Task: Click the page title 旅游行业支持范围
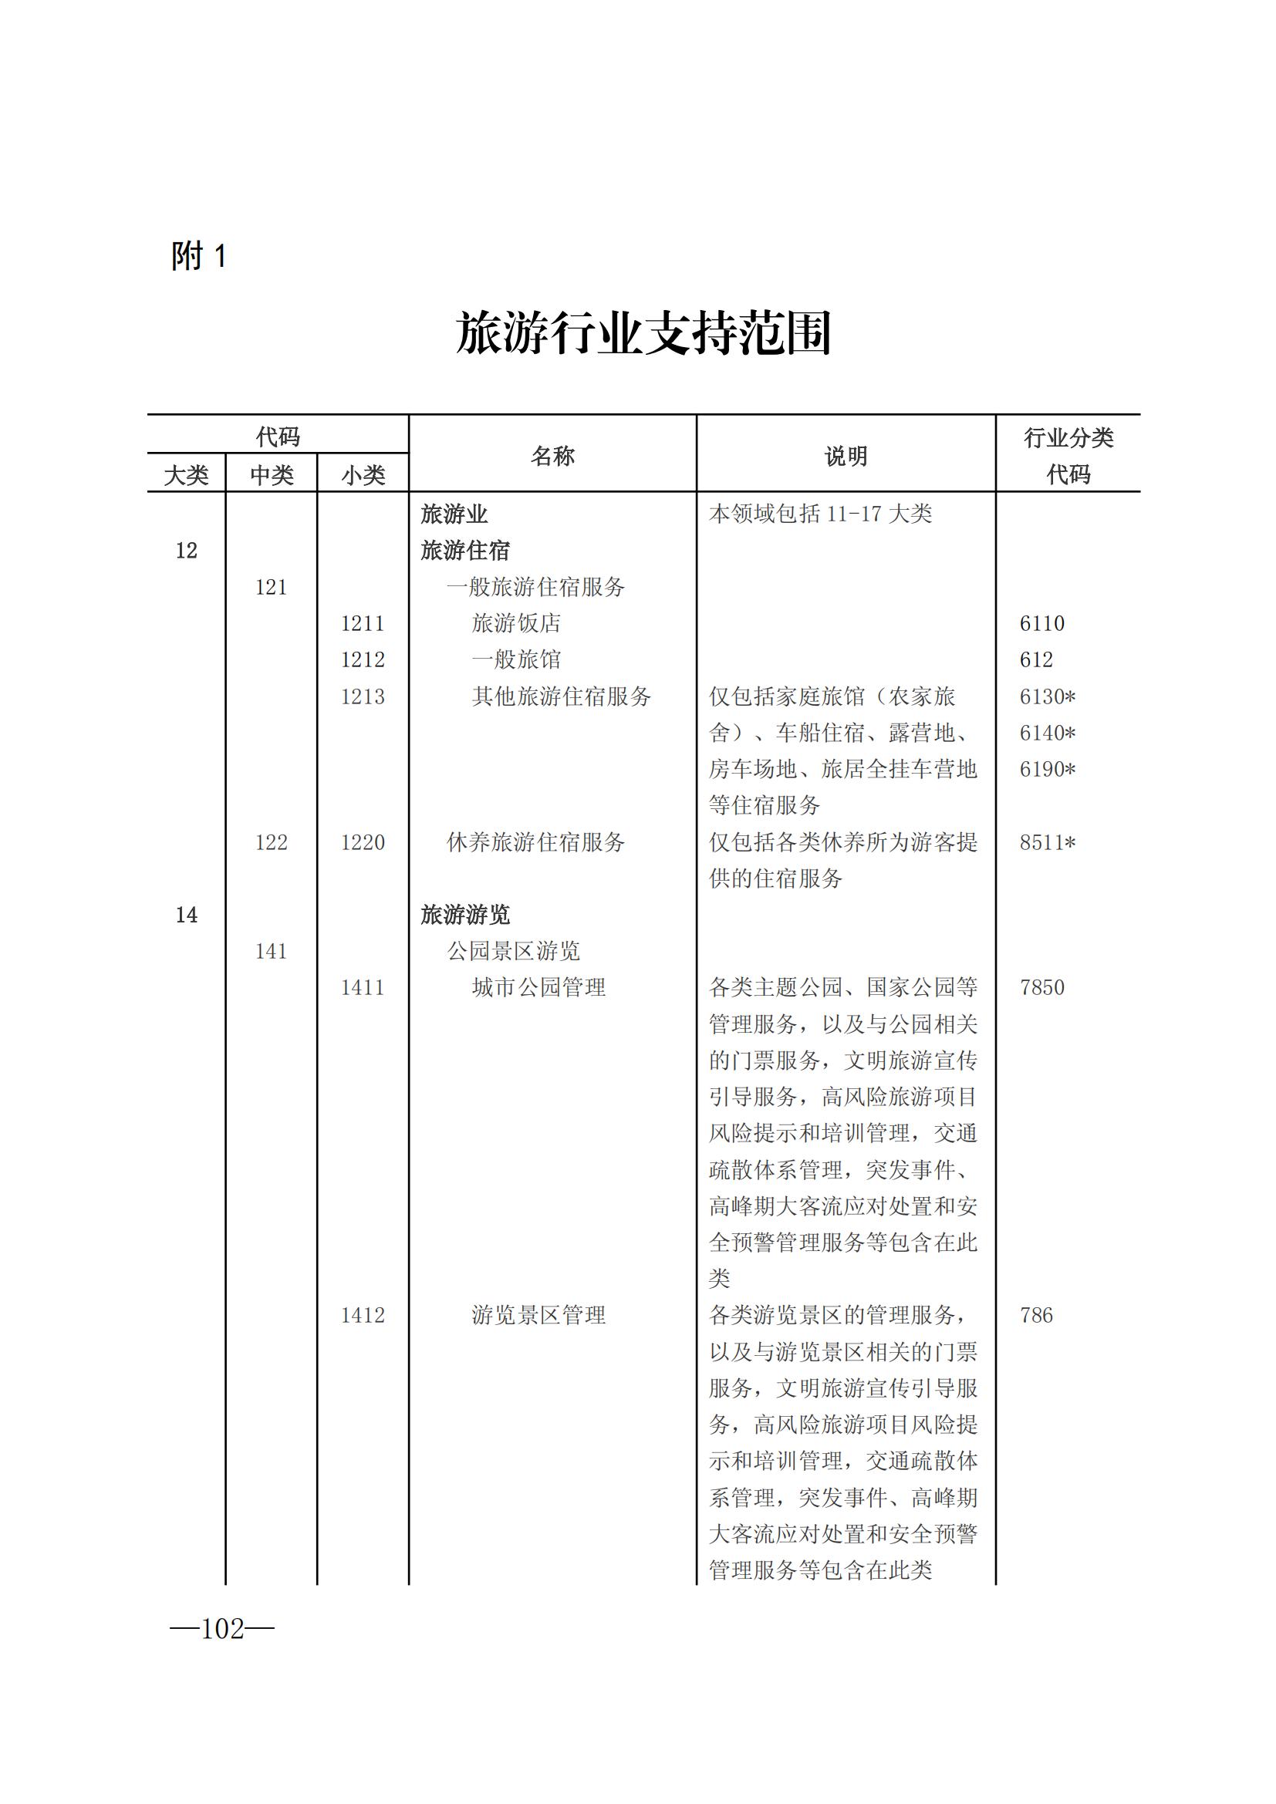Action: point(643,333)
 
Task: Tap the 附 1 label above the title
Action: point(199,256)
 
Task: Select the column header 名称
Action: point(552,456)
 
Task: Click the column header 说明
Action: point(846,456)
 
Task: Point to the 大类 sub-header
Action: point(186,474)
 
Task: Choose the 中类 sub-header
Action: point(271,474)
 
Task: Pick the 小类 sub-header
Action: point(363,474)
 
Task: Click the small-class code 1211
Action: point(363,623)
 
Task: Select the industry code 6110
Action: point(1041,623)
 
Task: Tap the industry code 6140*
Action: point(1048,732)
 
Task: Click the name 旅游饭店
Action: point(516,623)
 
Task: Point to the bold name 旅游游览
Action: point(465,915)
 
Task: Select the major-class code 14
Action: point(186,915)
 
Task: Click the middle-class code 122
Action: point(271,842)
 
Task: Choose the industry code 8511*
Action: point(1048,842)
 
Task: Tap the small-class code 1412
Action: point(363,1315)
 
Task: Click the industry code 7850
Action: point(1041,988)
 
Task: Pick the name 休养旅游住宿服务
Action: point(536,842)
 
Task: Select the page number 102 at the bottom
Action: point(222,1629)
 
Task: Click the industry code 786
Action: point(1035,1315)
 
